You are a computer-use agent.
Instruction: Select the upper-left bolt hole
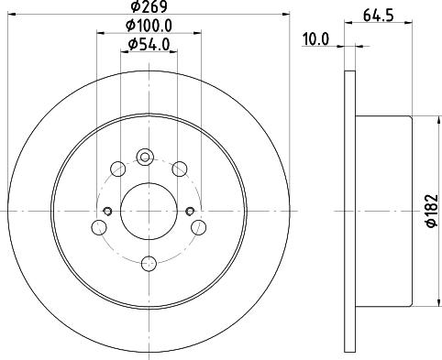tap(116, 169)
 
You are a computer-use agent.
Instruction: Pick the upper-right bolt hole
tap(180, 168)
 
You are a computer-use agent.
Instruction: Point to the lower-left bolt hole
tap(97, 226)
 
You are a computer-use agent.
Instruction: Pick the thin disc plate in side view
tap(348, 210)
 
